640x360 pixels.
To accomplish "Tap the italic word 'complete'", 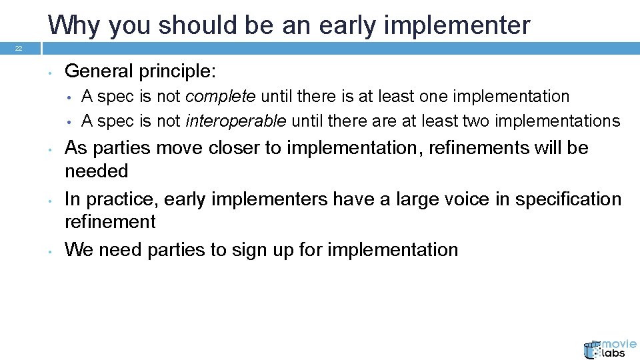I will click(220, 97).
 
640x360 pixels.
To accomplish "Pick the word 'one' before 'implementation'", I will click(434, 97).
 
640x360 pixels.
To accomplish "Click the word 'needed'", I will click(96, 171).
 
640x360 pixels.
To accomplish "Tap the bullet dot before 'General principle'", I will click(51, 72).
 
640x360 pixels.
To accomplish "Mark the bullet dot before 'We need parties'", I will click(51, 251).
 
